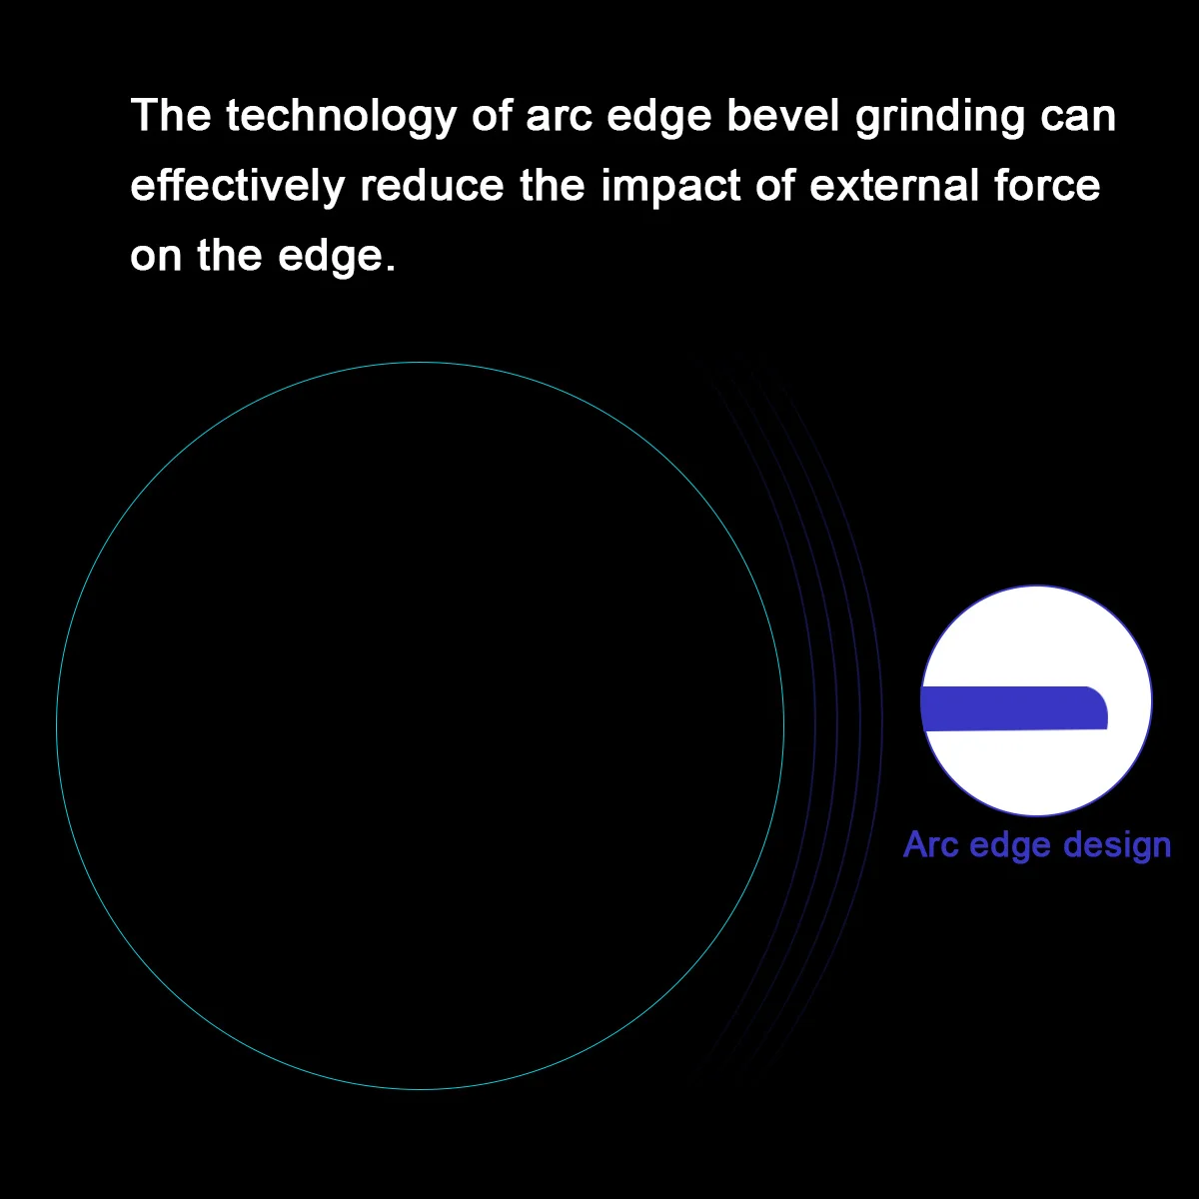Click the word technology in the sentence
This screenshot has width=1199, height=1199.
tap(341, 116)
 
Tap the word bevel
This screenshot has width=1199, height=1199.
tap(782, 115)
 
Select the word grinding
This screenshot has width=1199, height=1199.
tap(939, 116)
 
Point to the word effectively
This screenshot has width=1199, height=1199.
tap(237, 186)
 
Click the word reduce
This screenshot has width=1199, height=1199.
tap(432, 186)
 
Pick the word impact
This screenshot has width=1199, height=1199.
tap(670, 187)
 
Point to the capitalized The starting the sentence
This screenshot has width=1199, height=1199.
tap(171, 115)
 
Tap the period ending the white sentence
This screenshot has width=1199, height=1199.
tap(390, 268)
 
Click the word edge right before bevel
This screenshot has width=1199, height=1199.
tap(658, 116)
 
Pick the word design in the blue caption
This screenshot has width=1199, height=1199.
tap(1117, 846)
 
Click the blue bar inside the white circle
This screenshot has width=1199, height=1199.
tap(1014, 708)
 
